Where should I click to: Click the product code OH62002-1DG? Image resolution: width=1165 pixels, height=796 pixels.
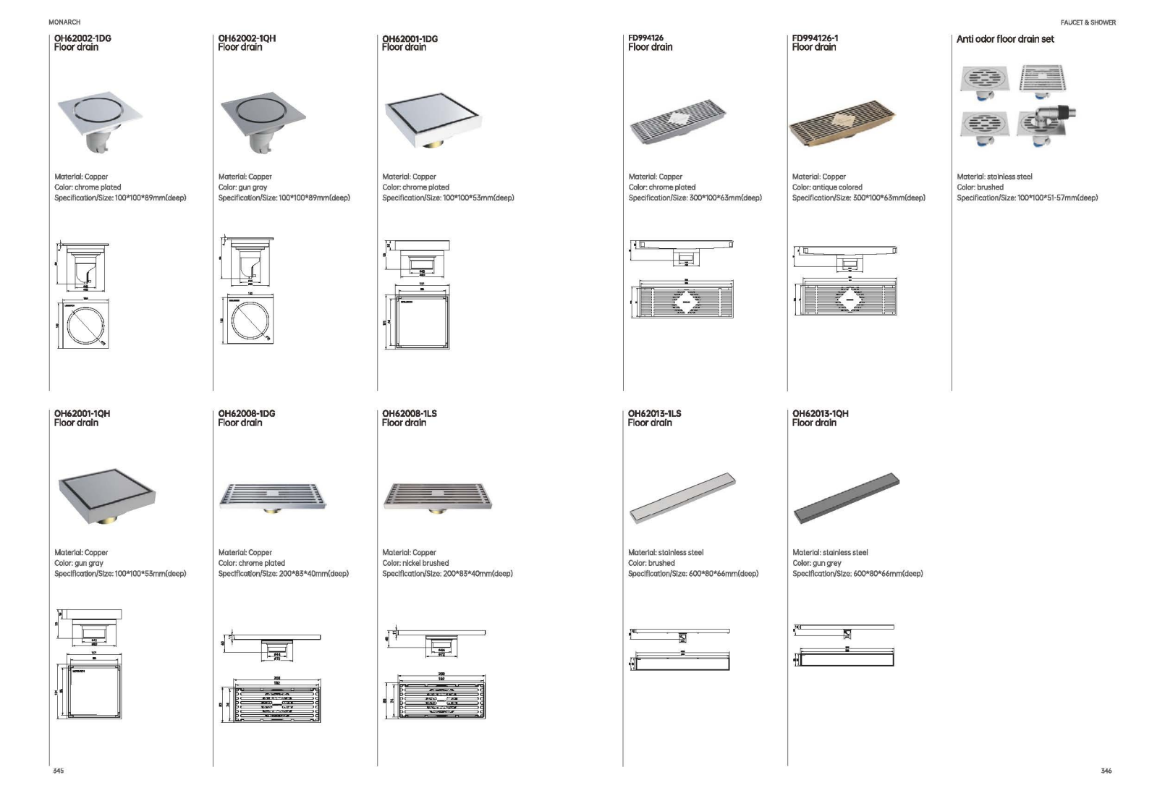click(x=82, y=38)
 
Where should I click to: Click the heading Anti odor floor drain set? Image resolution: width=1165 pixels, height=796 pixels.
click(x=1004, y=39)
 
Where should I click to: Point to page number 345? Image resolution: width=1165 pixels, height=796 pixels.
click(x=59, y=771)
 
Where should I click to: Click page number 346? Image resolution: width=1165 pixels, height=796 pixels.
click(x=1106, y=771)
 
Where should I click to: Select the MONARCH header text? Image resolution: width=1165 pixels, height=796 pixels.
click(x=64, y=22)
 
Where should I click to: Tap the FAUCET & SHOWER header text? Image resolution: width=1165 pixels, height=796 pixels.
click(x=1088, y=22)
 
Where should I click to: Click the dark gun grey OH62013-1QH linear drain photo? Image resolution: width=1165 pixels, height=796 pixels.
click(x=846, y=499)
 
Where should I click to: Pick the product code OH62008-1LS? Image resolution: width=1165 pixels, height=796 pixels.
click(x=409, y=414)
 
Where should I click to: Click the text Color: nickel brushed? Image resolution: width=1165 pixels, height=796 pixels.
click(x=415, y=563)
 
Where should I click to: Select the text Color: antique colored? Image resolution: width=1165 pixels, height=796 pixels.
click(x=827, y=187)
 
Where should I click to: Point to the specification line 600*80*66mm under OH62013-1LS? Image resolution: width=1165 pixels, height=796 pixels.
click(x=692, y=574)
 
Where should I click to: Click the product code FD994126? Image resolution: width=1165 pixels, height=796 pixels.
click(x=645, y=38)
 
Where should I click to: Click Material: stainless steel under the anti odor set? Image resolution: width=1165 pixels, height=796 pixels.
click(x=994, y=177)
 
